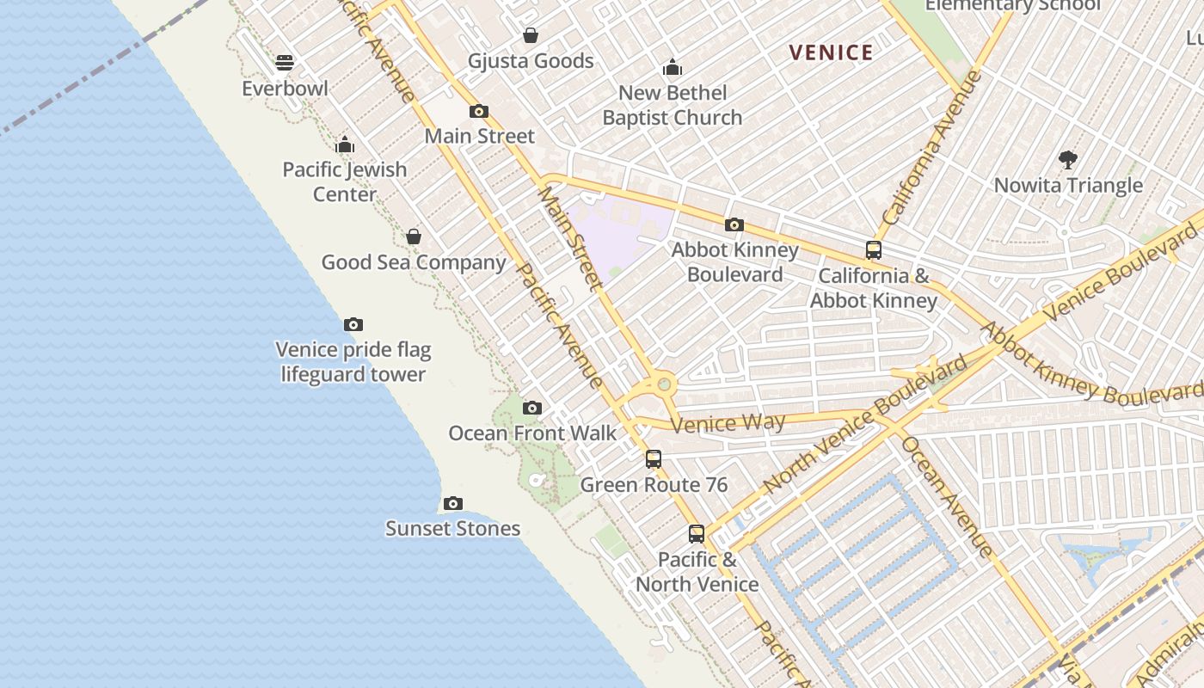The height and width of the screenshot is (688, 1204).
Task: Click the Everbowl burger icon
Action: point(285,63)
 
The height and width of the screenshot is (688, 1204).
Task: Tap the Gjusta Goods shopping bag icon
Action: point(531,35)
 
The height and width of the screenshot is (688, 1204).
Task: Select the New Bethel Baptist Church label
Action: point(673,105)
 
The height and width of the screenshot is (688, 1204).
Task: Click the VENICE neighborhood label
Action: point(831,52)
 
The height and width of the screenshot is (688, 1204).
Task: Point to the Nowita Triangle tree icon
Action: point(1068,160)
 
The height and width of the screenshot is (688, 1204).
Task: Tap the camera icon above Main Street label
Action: point(479,111)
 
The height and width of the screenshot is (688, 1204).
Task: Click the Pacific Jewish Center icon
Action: point(345,144)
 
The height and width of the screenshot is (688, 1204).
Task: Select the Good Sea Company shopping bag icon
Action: point(414,236)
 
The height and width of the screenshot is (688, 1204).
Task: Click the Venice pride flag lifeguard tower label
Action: point(353,362)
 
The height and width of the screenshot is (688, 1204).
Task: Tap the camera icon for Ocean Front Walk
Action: point(532,408)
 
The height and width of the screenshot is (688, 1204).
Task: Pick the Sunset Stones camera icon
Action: point(453,503)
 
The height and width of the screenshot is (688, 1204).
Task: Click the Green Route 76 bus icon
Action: point(654,459)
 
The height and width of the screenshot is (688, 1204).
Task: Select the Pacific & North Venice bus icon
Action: point(697,534)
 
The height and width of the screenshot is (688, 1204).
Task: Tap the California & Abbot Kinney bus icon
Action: point(874,250)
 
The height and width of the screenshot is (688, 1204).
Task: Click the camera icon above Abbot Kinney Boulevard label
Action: point(734,224)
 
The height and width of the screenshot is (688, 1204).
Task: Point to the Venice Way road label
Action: point(728,422)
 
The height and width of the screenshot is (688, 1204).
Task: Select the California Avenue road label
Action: point(933,148)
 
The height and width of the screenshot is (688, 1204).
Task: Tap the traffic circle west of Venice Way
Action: point(663,384)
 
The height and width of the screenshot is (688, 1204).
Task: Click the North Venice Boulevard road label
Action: point(864,426)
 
